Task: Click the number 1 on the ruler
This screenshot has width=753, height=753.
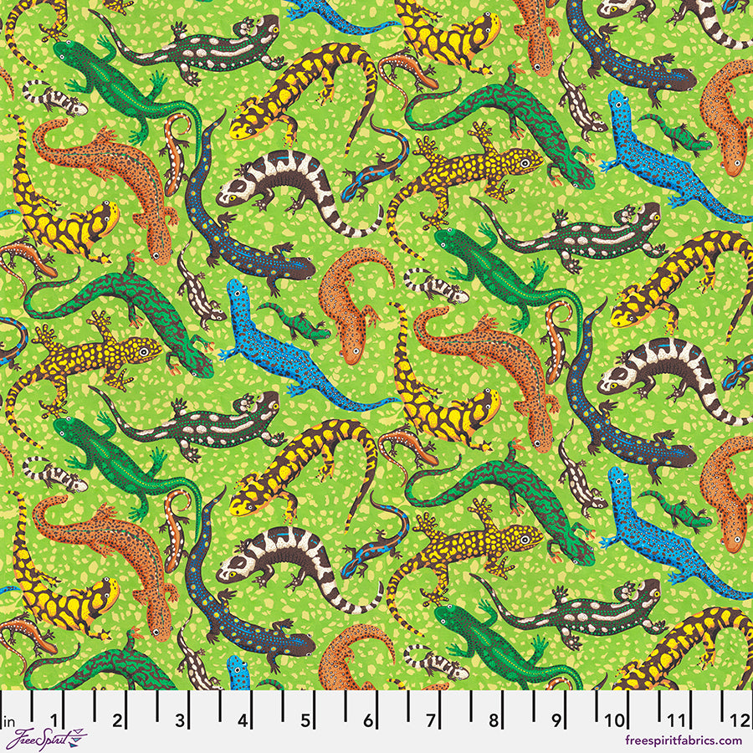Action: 55,720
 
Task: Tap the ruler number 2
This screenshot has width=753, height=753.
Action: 118,720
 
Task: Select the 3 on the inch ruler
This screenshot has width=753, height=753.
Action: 181,720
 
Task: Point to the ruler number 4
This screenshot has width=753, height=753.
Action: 243,720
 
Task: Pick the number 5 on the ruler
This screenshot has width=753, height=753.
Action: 306,720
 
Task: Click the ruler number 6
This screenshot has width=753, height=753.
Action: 369,720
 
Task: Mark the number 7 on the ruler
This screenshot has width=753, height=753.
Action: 432,720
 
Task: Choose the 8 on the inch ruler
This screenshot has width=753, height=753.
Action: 494,720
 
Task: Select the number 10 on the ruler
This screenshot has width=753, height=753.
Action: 616,720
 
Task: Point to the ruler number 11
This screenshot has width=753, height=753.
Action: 679,720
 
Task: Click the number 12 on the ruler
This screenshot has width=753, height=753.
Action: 740,720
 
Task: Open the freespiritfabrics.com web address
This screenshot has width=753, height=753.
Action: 684,740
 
